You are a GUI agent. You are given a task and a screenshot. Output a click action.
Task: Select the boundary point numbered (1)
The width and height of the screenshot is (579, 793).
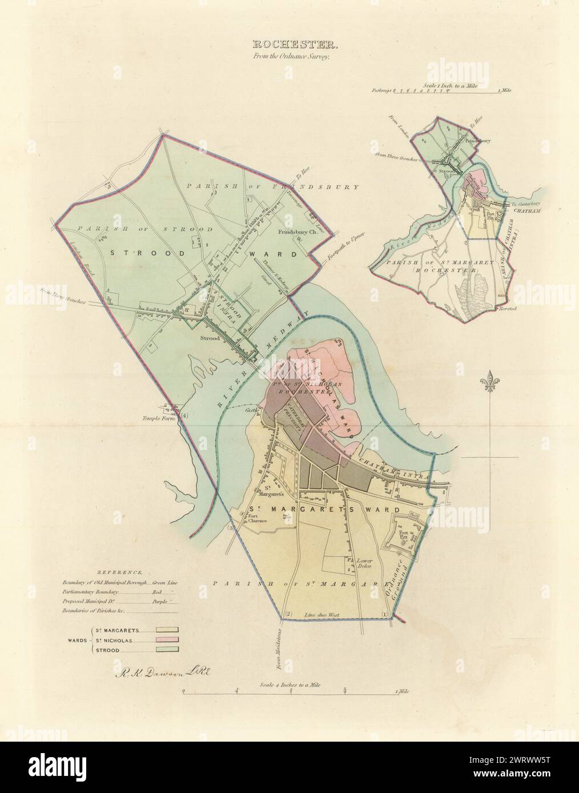point(384,614)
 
